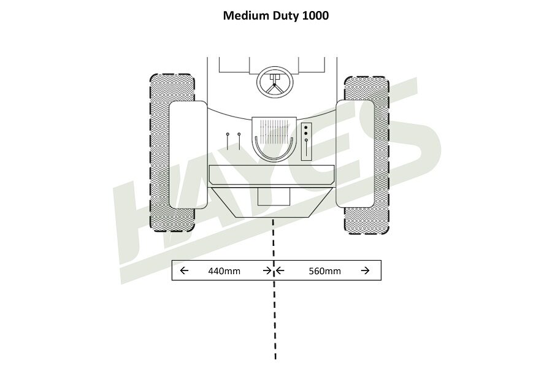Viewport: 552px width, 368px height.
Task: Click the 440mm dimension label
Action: pyautogui.click(x=224, y=270)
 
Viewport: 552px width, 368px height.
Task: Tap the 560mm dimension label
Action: pyautogui.click(x=325, y=270)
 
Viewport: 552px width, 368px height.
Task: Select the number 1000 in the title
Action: pyautogui.click(x=315, y=15)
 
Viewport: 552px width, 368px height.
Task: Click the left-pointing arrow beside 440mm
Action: pyautogui.click(x=184, y=270)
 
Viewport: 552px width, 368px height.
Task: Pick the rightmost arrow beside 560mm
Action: pyautogui.click(x=366, y=270)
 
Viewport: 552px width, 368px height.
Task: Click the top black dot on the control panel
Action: pyautogui.click(x=306, y=127)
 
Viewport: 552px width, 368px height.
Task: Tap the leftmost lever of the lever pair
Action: pyautogui.click(x=228, y=140)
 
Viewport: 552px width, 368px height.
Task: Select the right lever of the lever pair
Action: pyautogui.click(x=239, y=140)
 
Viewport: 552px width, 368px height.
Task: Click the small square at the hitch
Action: pyautogui.click(x=274, y=197)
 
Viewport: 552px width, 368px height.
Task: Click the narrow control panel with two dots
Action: pyautogui.click(x=307, y=142)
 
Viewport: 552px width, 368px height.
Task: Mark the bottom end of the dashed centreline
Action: pyautogui.click(x=275, y=358)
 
